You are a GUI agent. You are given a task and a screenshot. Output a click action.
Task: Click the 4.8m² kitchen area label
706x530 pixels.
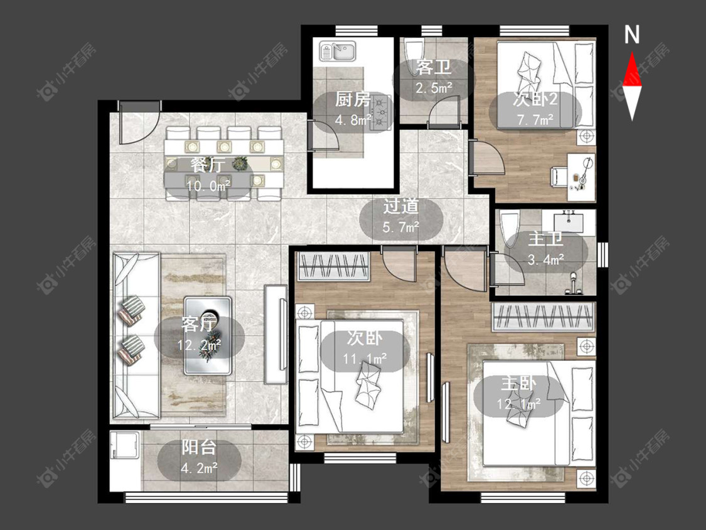point(353,120)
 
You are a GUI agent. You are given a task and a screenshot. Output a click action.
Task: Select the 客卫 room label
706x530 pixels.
point(434,68)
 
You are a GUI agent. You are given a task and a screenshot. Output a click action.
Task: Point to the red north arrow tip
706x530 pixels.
point(632,52)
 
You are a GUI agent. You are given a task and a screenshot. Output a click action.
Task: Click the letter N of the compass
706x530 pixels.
point(632,35)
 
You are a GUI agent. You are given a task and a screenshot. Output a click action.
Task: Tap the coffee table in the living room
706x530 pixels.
point(208,336)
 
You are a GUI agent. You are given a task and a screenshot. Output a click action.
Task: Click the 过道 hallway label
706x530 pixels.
point(401,207)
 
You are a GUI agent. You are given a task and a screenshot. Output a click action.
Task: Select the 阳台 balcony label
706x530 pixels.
point(199,448)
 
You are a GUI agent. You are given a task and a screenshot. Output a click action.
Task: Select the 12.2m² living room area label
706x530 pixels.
point(199,345)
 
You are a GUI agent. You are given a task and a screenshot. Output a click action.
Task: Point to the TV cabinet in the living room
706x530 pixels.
point(276,335)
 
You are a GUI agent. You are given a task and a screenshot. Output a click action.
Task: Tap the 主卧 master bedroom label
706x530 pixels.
point(519,383)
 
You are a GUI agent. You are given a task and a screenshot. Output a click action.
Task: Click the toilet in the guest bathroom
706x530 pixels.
point(414,57)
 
